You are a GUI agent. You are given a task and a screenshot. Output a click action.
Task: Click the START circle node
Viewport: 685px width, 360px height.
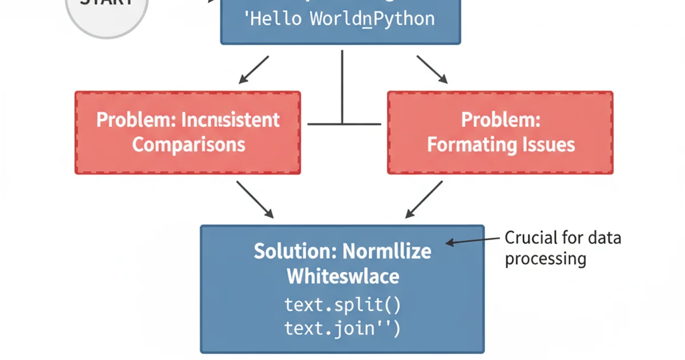pos(107,11)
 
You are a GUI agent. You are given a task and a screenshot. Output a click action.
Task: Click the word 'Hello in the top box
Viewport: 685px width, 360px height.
pos(275,19)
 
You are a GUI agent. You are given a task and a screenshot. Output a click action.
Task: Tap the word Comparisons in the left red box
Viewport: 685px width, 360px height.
pos(189,144)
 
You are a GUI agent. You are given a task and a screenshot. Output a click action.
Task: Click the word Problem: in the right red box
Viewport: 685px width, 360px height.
pos(501,121)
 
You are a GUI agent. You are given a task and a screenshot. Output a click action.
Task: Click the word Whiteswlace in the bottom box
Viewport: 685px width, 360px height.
pos(342,277)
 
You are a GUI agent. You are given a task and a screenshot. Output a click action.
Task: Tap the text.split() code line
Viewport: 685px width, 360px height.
pos(342,304)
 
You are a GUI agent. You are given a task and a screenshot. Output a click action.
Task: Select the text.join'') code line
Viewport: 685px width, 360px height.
pos(342,328)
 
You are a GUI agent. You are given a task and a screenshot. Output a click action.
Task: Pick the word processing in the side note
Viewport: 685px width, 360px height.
pos(545,259)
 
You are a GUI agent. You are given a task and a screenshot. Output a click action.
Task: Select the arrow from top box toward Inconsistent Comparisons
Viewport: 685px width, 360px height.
pos(253,70)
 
